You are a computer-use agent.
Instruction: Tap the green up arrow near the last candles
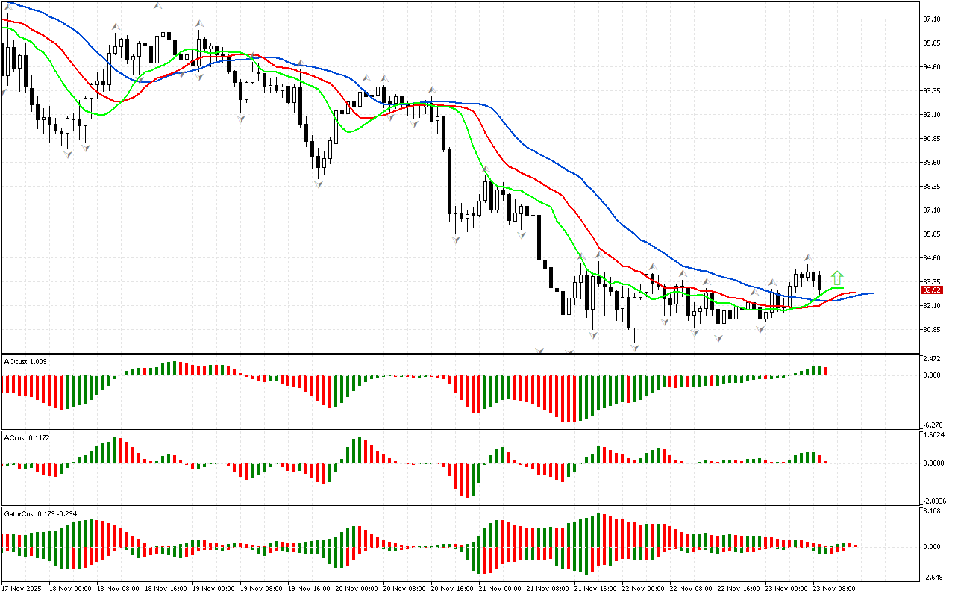tap(838, 278)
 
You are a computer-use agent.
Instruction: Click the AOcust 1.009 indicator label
tap(25, 361)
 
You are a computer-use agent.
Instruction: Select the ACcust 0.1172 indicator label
tap(27, 437)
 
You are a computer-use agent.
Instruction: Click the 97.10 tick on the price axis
tap(933, 19)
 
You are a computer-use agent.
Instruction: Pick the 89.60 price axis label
tap(933, 163)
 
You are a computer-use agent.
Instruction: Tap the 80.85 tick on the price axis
tap(933, 330)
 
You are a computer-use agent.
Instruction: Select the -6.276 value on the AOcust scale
tap(933, 425)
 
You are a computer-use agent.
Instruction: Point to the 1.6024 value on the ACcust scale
tap(934, 434)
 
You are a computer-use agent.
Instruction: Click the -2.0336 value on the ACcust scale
tap(936, 501)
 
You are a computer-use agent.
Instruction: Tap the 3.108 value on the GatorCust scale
tap(933, 511)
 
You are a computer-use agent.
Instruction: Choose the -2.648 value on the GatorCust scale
tap(933, 577)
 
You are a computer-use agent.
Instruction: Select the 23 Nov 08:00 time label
tap(833, 588)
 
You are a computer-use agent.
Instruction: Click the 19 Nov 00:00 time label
tap(213, 588)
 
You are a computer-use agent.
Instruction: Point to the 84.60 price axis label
tap(933, 258)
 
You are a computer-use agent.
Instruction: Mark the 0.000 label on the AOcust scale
tap(933, 375)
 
